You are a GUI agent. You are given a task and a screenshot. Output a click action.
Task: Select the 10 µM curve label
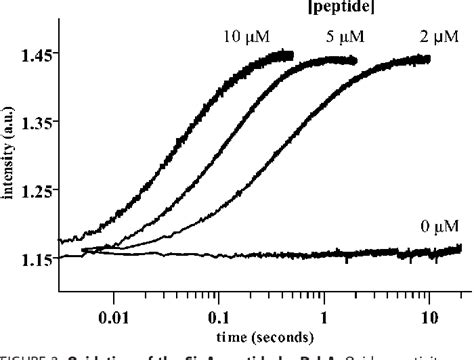pyautogui.click(x=245, y=37)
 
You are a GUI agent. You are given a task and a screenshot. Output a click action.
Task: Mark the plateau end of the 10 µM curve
pyautogui.click(x=291, y=54)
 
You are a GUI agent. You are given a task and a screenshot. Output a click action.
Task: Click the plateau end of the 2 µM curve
pyautogui.click(x=428, y=59)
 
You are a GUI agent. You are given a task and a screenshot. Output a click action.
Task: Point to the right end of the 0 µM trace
pyautogui.click(x=459, y=248)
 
